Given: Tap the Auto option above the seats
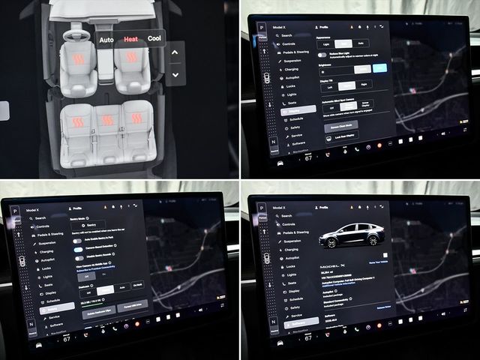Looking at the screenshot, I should click(106, 38).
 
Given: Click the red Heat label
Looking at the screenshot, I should click(131, 38).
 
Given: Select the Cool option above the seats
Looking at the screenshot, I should click(154, 38).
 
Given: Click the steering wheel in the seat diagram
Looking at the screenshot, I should click(73, 35).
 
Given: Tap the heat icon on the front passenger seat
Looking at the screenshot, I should click(131, 58).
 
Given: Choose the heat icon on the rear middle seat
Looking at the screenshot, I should click(108, 119).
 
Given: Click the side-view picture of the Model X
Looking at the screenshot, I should click(351, 235).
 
